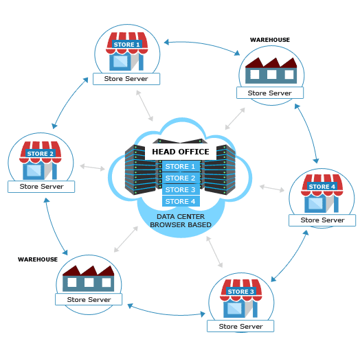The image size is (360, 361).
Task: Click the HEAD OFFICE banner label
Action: (180, 151)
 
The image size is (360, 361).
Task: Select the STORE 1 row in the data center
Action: (181, 166)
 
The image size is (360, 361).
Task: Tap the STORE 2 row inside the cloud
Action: (181, 178)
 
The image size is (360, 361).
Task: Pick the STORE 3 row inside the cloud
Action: (181, 189)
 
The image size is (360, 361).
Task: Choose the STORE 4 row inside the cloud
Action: (181, 201)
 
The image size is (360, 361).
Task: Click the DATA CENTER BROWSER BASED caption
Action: (181, 220)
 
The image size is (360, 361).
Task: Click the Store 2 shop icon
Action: (41, 162)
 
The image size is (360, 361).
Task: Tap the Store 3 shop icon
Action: (240, 301)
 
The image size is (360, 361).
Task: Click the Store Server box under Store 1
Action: (126, 79)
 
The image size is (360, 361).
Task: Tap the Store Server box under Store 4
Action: (322, 220)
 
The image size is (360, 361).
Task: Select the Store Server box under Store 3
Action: (240, 326)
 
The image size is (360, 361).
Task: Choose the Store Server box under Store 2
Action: (41, 187)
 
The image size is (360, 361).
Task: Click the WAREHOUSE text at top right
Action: (269, 40)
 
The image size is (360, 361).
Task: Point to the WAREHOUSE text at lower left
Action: (38, 260)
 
